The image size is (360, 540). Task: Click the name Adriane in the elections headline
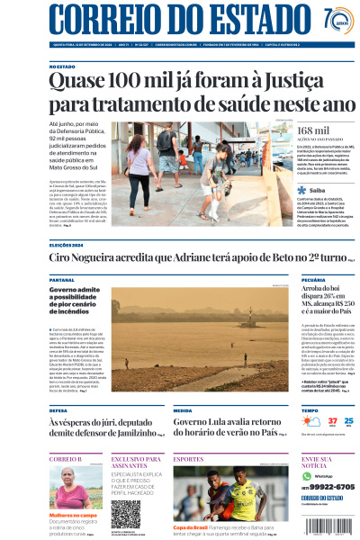coord(170,258)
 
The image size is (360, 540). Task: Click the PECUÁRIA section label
coord(314,280)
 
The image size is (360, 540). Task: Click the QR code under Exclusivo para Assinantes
coord(126,514)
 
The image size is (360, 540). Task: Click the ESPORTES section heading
coord(189,459)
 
